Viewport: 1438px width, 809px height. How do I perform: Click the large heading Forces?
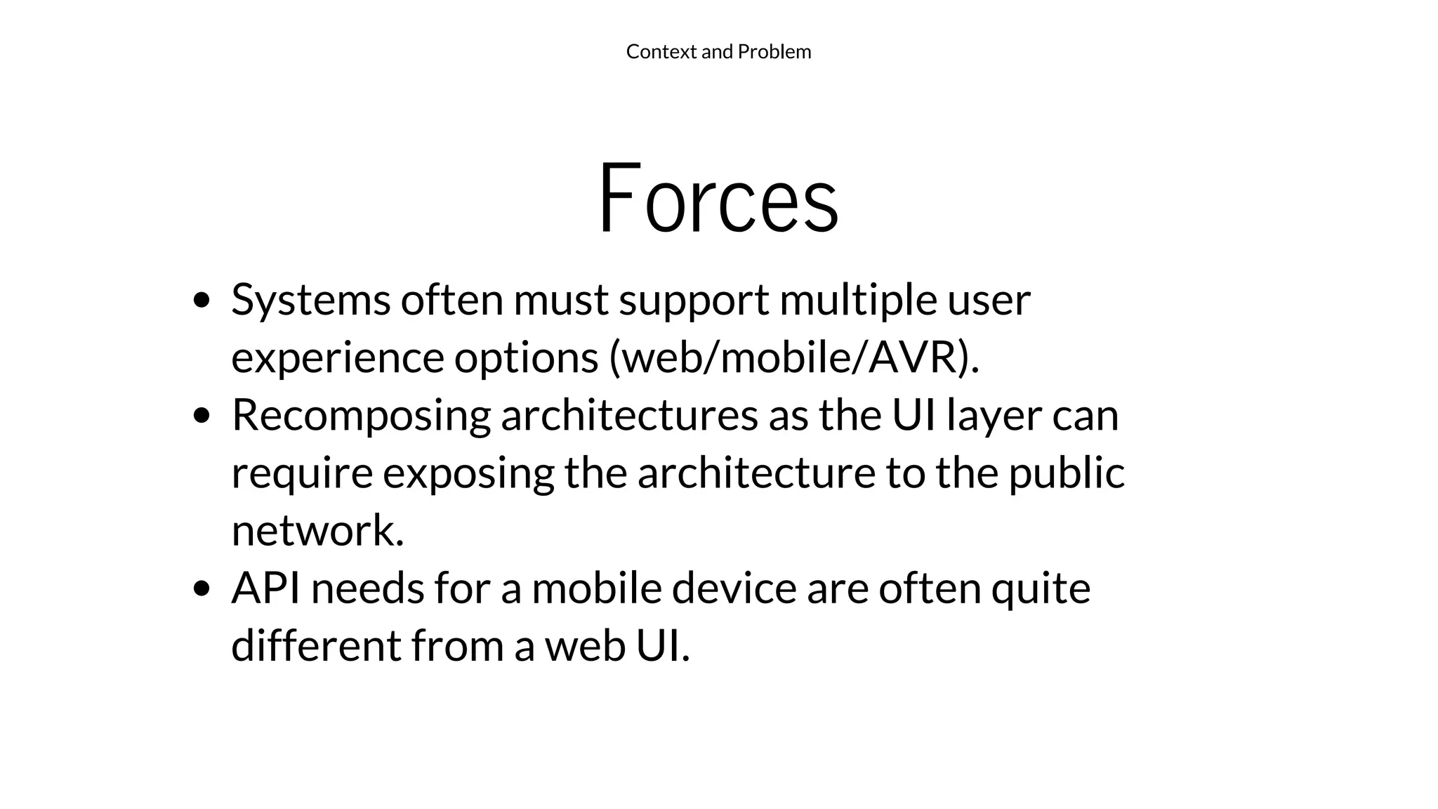[718, 199]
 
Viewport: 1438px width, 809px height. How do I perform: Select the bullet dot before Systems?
[202, 301]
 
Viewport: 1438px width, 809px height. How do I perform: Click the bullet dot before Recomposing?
[202, 416]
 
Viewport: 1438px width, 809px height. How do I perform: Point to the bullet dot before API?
[202, 588]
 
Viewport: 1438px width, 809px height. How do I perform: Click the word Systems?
[310, 301]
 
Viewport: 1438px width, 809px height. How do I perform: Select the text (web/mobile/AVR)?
[794, 357]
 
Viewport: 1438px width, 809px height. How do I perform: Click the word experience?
[337, 357]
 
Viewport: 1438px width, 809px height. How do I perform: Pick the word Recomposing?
[361, 416]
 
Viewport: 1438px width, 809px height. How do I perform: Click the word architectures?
[629, 415]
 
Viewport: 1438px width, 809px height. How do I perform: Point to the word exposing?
[468, 473]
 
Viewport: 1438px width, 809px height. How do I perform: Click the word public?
[1067, 473]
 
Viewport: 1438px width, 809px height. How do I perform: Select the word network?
[317, 531]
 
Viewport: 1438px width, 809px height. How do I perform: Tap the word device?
[734, 588]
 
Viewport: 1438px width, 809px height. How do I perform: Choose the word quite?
[1041, 588]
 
